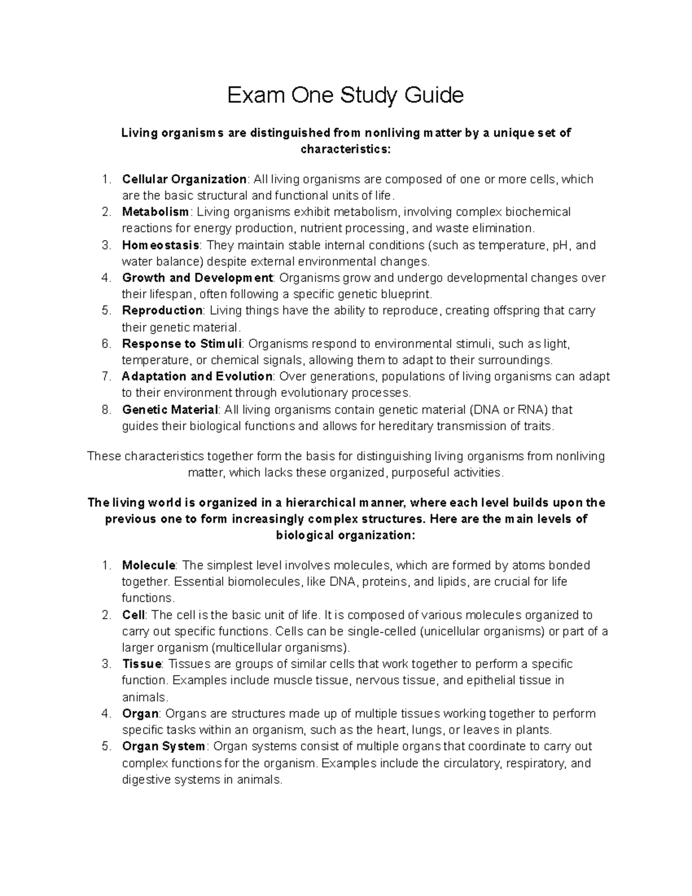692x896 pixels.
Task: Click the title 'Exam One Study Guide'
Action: (x=345, y=95)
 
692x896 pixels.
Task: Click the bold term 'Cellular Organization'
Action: (x=184, y=179)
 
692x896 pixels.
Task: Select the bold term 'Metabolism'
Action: (x=155, y=212)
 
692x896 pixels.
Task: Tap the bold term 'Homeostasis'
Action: (x=160, y=245)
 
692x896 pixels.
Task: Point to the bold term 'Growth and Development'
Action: (x=197, y=278)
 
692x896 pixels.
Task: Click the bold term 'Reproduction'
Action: (x=162, y=310)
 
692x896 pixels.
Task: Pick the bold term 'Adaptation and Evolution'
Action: (x=197, y=377)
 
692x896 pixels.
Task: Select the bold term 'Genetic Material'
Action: (x=170, y=410)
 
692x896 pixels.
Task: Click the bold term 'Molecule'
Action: (x=148, y=565)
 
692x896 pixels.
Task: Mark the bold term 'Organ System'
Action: (x=163, y=746)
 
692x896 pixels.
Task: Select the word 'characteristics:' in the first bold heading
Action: (x=345, y=149)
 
